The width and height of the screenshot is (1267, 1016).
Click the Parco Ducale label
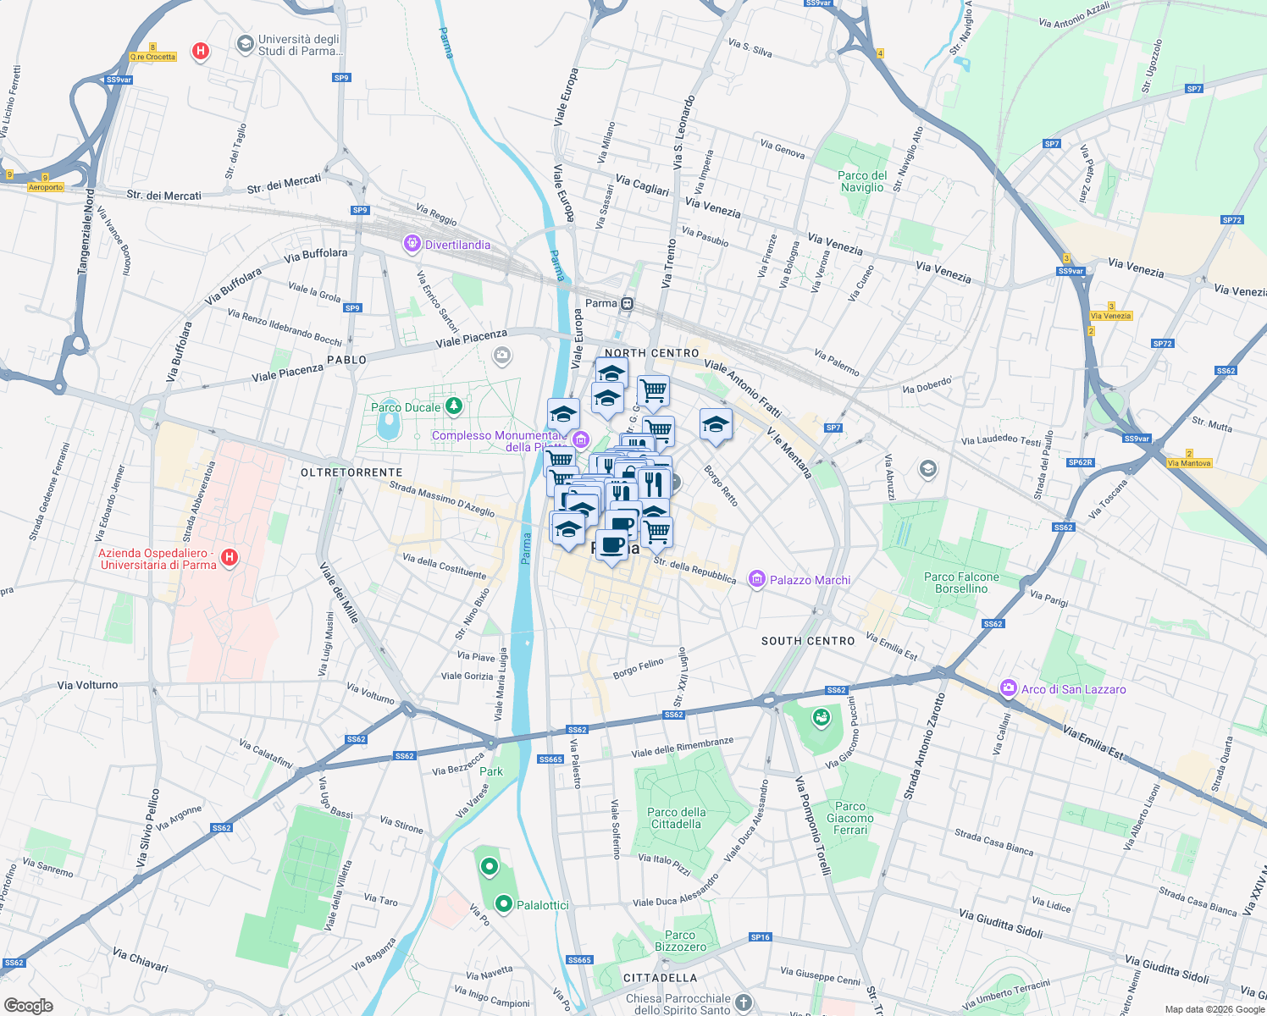tap(406, 407)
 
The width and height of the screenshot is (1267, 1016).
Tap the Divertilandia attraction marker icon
tap(412, 245)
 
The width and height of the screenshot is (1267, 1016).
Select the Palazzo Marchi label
tap(810, 580)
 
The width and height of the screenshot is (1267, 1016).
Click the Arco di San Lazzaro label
tap(1073, 689)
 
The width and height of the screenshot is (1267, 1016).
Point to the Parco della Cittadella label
tap(676, 818)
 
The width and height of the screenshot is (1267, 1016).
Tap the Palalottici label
tap(543, 905)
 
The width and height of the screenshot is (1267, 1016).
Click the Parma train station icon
tap(627, 303)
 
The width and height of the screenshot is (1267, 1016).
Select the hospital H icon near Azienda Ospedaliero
tap(229, 557)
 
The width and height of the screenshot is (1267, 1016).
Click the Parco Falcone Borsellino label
tap(961, 583)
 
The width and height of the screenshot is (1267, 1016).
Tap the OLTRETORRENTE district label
tap(351, 472)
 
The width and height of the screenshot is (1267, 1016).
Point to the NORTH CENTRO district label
tap(652, 353)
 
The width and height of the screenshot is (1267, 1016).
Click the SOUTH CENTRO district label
tap(808, 641)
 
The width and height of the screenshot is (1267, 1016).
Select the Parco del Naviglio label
tap(862, 181)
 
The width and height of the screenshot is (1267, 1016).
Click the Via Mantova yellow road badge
tap(1189, 463)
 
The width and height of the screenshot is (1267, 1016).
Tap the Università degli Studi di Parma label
tap(300, 45)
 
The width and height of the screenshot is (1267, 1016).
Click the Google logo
tap(28, 1006)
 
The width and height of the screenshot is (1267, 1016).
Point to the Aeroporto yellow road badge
tap(46, 187)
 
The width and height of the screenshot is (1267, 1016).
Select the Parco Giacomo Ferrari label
tap(850, 818)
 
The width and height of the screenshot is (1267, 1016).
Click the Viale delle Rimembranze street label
tap(683, 748)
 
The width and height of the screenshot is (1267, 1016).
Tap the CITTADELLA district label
tap(660, 978)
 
